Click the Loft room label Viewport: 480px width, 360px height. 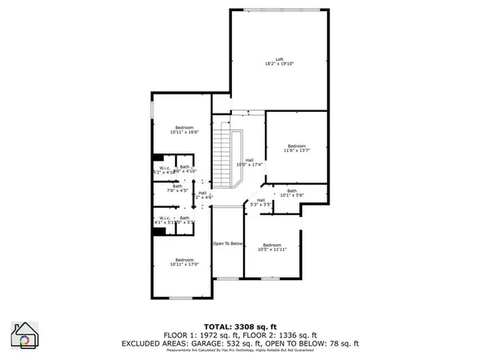tap(280, 58)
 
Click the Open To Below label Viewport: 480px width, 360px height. tap(227, 242)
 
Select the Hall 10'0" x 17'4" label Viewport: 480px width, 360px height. tap(250, 162)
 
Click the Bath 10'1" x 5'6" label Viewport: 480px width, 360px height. tap(291, 192)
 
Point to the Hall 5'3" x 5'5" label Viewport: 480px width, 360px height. tap(261, 202)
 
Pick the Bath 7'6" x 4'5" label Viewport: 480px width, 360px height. tap(177, 188)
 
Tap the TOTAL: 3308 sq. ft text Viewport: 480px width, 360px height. tap(239, 326)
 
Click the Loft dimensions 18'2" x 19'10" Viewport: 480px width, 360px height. tap(280, 63)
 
